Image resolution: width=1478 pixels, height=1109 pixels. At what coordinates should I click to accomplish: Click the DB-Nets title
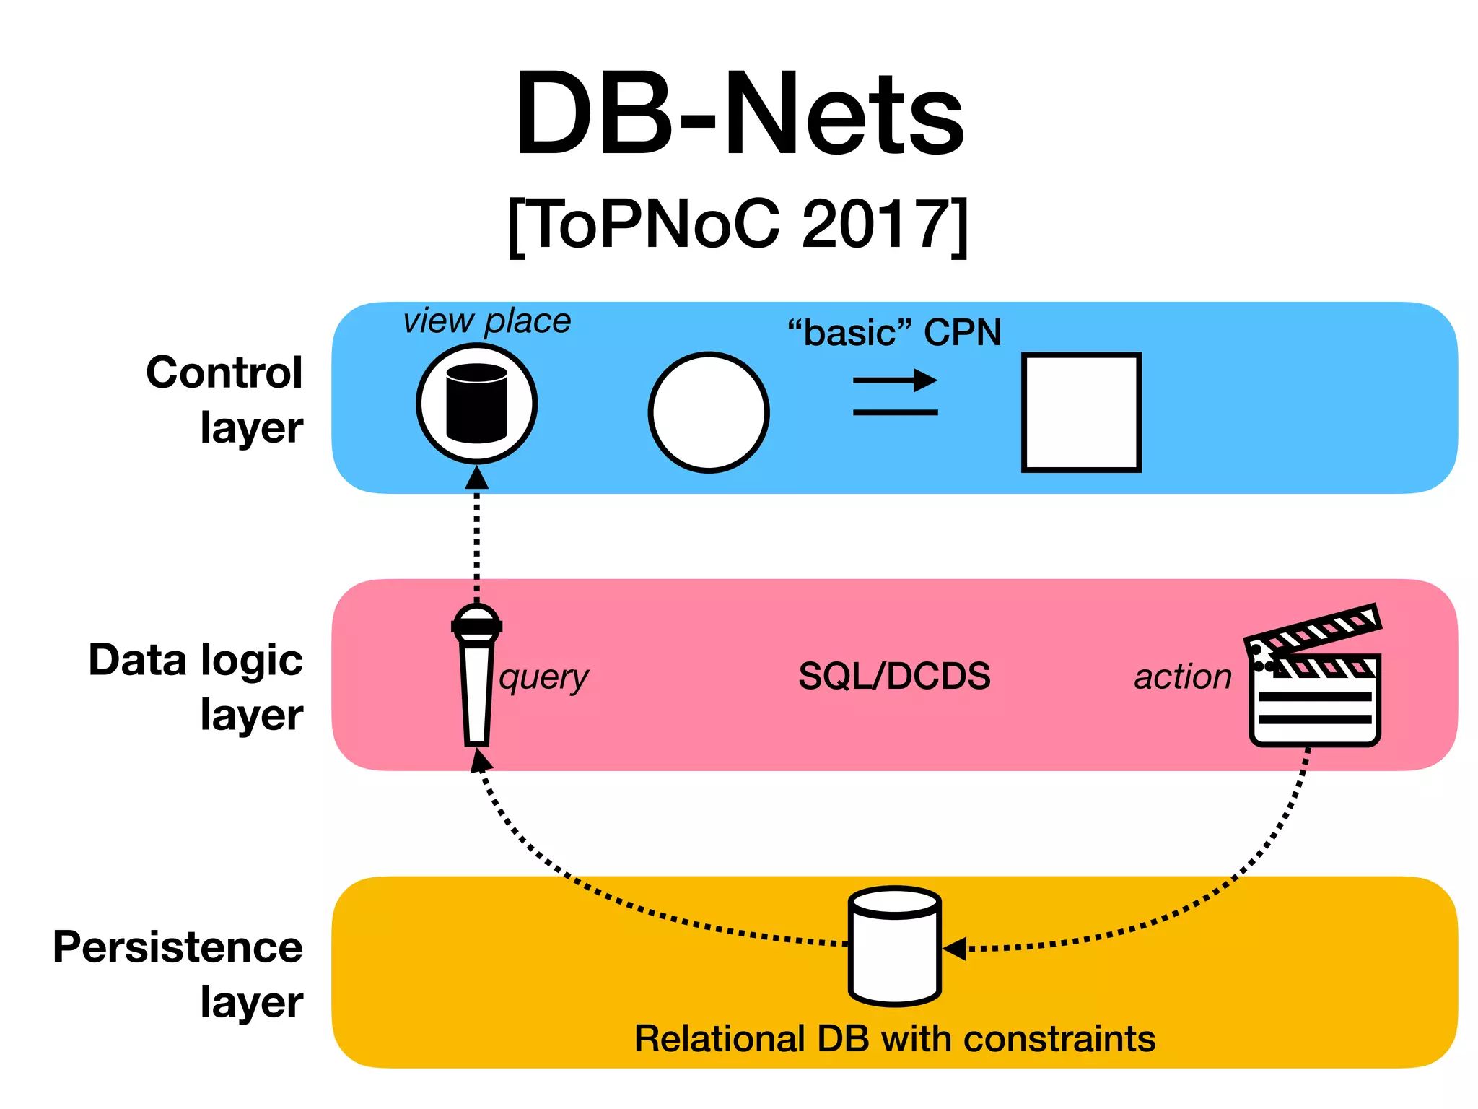[739, 114]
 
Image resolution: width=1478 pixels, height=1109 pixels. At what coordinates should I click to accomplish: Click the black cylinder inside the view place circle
[476, 404]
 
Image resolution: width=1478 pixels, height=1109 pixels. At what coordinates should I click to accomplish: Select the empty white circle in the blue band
[709, 412]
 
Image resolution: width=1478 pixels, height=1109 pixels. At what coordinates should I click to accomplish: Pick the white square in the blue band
[1081, 412]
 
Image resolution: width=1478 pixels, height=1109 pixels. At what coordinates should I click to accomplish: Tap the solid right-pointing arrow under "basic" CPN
[896, 380]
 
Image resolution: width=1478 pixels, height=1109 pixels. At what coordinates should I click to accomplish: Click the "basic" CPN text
[894, 333]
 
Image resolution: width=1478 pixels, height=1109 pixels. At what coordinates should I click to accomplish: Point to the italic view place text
[487, 321]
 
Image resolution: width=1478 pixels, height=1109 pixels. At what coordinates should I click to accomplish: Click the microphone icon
[476, 675]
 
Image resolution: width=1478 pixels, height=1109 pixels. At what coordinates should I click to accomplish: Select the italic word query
[543, 678]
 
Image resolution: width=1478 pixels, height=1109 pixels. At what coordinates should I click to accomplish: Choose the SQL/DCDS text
[894, 677]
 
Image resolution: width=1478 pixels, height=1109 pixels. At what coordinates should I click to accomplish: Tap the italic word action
[1182, 677]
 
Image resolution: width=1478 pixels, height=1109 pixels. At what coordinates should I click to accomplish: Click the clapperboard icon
[1314, 679]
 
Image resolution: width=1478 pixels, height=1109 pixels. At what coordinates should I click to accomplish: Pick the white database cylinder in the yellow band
[894, 946]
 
